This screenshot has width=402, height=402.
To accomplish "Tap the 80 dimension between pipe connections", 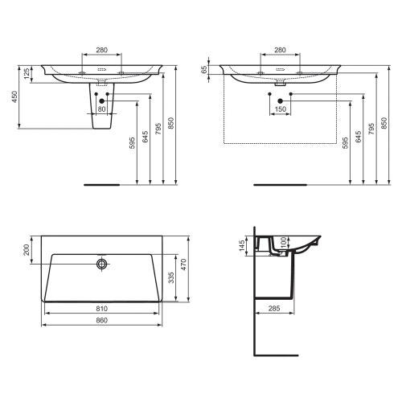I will click(101, 109).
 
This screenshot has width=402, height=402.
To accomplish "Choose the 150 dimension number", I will click(281, 109).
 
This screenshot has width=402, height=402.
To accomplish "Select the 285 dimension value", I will click(274, 308).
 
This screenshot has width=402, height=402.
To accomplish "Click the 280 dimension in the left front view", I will click(101, 51).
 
